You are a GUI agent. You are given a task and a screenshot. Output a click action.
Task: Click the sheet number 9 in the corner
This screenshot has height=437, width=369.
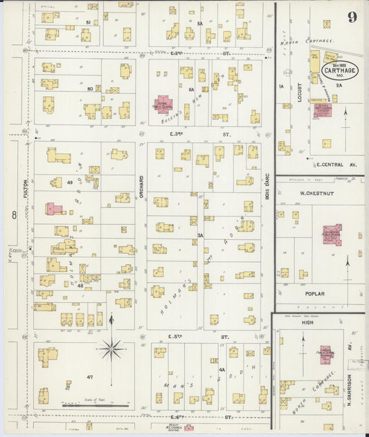[352, 17]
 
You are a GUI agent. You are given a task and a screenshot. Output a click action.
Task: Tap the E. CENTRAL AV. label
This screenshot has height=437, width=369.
[336, 165]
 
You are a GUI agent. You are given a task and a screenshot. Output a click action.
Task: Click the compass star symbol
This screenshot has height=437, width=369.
[111, 348]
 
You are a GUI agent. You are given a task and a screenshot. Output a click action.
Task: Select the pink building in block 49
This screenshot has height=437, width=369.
[54, 208]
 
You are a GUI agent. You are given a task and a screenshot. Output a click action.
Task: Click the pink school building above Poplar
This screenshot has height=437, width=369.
[332, 234]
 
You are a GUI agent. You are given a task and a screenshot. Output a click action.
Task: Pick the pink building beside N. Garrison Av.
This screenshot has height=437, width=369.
[324, 354]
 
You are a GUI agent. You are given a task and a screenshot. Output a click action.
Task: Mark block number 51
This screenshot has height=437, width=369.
[88, 23]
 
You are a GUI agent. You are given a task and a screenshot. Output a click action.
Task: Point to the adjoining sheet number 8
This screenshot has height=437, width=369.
[13, 216]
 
